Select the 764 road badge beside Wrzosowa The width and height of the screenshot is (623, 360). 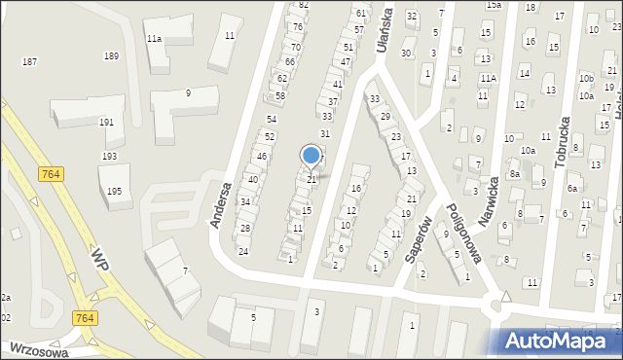tap(83, 317)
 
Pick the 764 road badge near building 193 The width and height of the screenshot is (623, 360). tap(54, 173)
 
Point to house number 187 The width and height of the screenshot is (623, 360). tap(30, 61)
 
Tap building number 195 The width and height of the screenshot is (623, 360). tap(115, 192)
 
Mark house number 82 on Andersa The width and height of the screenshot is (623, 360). tap(304, 5)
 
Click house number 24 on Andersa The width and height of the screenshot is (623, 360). tap(243, 251)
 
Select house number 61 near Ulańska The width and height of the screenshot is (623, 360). tap(361, 13)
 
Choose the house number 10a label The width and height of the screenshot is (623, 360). tap(528, 151)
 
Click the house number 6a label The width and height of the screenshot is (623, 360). tap(573, 188)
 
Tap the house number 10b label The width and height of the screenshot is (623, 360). tap(586, 77)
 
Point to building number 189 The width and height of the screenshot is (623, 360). tap(112, 55)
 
